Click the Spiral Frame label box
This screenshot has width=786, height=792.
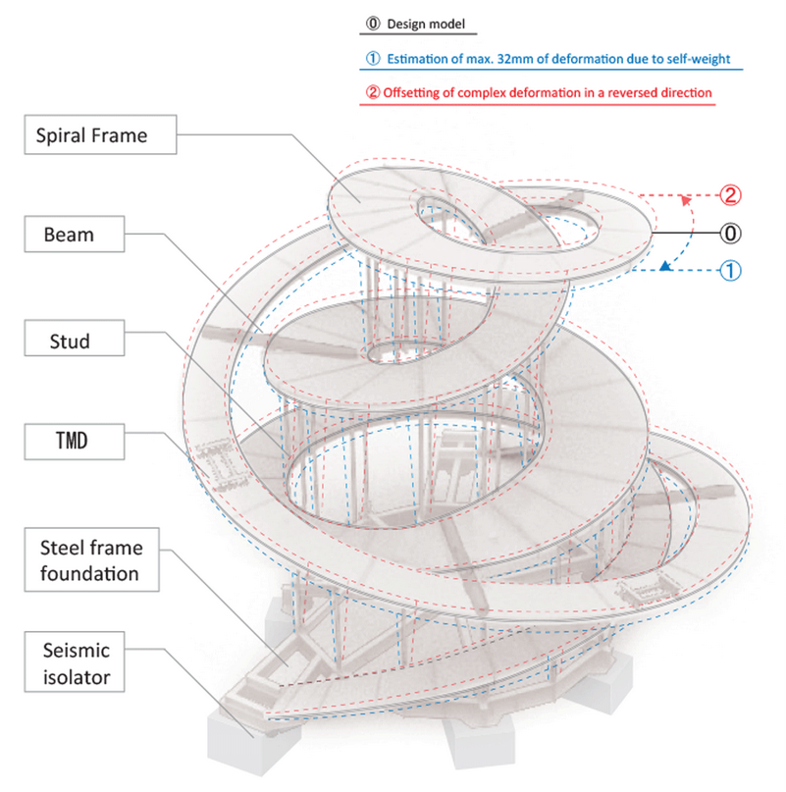[99, 135]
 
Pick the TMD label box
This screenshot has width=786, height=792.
[72, 441]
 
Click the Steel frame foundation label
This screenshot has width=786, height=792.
[89, 558]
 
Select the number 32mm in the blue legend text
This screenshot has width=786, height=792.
[502, 58]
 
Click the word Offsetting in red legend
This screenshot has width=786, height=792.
[415, 93]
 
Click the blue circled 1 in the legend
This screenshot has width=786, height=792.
[372, 58]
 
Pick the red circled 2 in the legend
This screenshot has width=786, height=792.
[372, 93]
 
